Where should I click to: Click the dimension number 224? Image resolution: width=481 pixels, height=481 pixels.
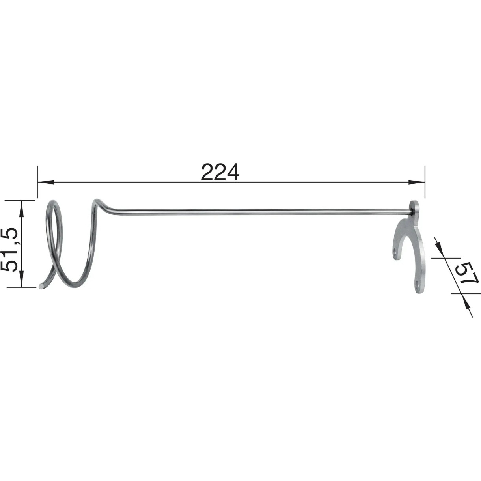(x=220, y=172)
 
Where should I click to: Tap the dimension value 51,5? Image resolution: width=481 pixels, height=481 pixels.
(x=9, y=250)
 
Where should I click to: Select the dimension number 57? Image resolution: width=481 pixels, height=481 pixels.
(x=466, y=273)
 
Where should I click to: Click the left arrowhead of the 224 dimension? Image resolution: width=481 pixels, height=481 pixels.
(x=46, y=182)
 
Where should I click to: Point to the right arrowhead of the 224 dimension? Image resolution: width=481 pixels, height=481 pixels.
(x=416, y=182)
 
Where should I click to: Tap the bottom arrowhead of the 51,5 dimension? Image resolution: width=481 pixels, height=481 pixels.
(x=22, y=279)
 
